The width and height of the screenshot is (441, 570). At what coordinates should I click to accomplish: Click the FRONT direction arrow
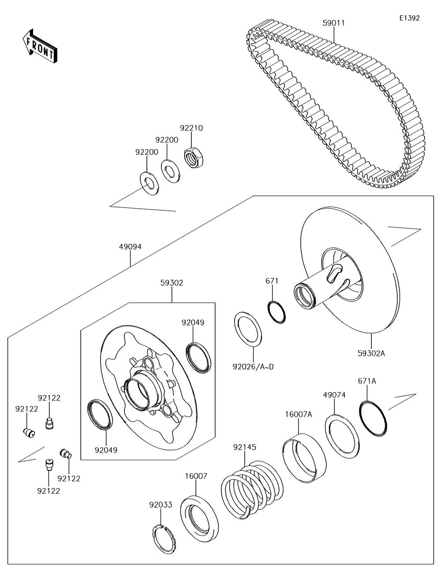pyautogui.click(x=39, y=46)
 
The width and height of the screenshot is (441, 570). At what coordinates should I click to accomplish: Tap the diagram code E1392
pyautogui.click(x=409, y=18)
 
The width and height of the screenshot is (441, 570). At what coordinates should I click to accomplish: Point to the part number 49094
pyautogui.click(x=130, y=247)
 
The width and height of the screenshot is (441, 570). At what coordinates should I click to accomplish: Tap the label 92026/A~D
pyautogui.click(x=254, y=366)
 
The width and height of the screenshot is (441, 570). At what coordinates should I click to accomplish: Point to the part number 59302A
pyautogui.click(x=372, y=352)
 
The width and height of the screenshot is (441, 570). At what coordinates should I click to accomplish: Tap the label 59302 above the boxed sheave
pyautogui.click(x=172, y=282)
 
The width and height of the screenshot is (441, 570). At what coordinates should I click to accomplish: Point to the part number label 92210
pyautogui.click(x=191, y=128)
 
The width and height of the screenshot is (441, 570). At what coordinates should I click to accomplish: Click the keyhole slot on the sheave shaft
pyautogui.click(x=335, y=270)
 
